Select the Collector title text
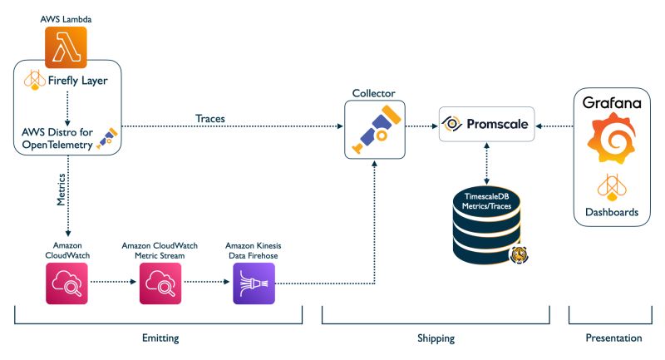click(373, 94)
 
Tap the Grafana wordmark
click(611, 104)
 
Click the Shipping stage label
click(434, 338)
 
